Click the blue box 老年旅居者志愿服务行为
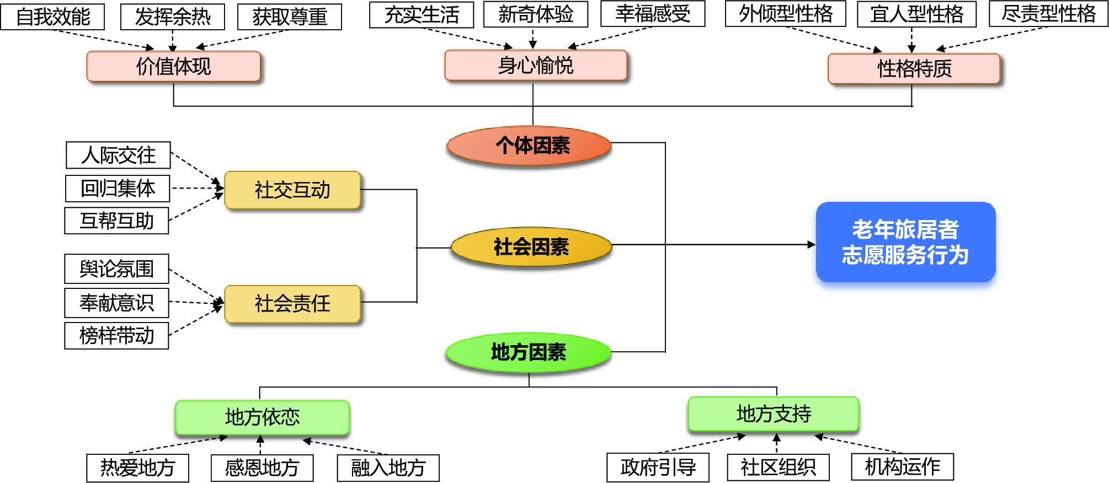pyautogui.click(x=905, y=242)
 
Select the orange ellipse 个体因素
pyautogui.click(x=529, y=146)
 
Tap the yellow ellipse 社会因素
pyautogui.click(x=531, y=246)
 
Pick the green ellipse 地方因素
pyautogui.click(x=529, y=352)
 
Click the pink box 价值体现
pyautogui.click(x=173, y=67)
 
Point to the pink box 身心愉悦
pyautogui.click(x=535, y=66)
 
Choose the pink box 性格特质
pyautogui.click(x=914, y=69)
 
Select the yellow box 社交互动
pyautogui.click(x=292, y=190)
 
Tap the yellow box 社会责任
pyautogui.click(x=292, y=303)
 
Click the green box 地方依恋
pyautogui.click(x=262, y=417)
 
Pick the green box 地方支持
pyautogui.click(x=773, y=414)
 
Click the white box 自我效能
pyautogui.click(x=53, y=17)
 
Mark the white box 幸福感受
pyautogui.click(x=652, y=14)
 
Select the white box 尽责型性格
pyautogui.click(x=1048, y=14)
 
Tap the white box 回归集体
pyautogui.click(x=118, y=189)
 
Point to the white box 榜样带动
pyautogui.click(x=116, y=336)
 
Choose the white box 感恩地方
pyautogui.click(x=262, y=468)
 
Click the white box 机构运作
pyautogui.click(x=902, y=467)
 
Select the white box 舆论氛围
pyautogui.click(x=116, y=269)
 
